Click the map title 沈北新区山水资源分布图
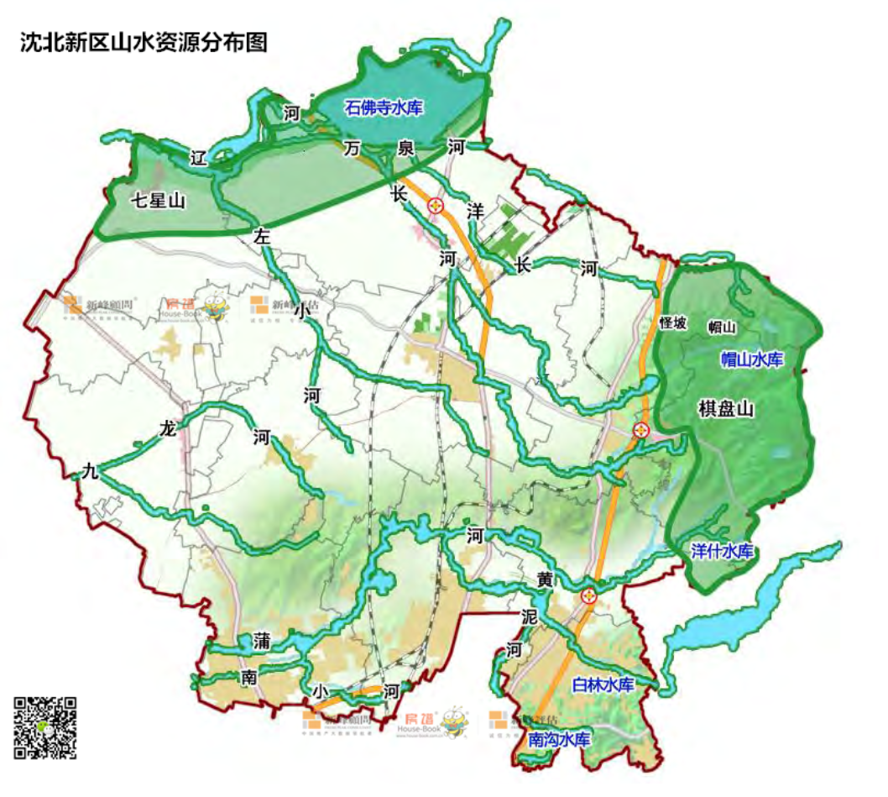[144, 44]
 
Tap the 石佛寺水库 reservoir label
[385, 107]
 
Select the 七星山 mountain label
[158, 201]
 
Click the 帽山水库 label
[752, 359]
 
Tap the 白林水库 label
[602, 684]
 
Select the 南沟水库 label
[560, 740]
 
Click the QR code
[45, 728]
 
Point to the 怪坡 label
[673, 323]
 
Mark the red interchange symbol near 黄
[589, 596]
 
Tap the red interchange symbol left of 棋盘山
[642, 430]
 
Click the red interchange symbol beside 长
[436, 205]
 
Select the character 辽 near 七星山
[198, 157]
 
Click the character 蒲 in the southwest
[262, 642]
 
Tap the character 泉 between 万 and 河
[406, 148]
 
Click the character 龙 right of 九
[168, 429]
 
